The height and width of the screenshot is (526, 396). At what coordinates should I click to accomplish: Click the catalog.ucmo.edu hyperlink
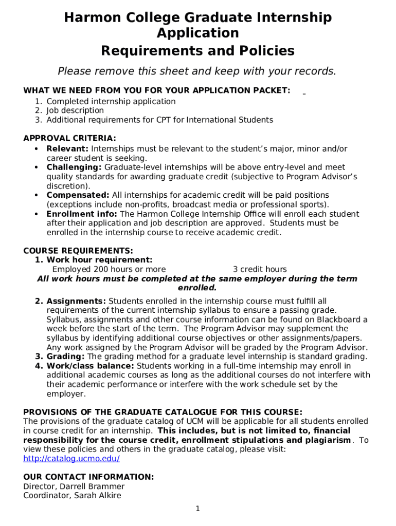(x=71, y=458)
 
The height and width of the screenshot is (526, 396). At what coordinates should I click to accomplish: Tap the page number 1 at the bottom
(x=197, y=509)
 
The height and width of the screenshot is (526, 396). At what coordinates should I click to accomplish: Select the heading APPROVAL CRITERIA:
(x=70, y=138)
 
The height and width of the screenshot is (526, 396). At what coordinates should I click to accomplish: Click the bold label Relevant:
(x=67, y=148)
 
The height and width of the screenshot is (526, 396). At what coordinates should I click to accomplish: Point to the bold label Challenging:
(x=74, y=167)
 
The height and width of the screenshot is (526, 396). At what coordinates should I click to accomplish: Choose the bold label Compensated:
(x=78, y=195)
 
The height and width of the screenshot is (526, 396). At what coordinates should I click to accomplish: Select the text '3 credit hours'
(x=260, y=269)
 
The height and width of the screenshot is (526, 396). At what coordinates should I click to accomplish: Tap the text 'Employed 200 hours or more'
(x=109, y=269)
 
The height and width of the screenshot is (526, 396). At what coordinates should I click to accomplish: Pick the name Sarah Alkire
(x=97, y=495)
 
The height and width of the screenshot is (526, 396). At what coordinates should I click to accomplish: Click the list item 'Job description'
(x=75, y=110)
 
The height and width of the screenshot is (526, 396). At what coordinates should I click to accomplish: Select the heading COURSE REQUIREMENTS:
(x=78, y=251)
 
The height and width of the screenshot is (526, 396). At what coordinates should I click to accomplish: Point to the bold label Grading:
(x=66, y=356)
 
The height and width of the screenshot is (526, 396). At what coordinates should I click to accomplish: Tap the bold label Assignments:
(x=76, y=300)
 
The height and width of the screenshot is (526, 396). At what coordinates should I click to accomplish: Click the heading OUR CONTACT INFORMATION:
(x=88, y=477)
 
